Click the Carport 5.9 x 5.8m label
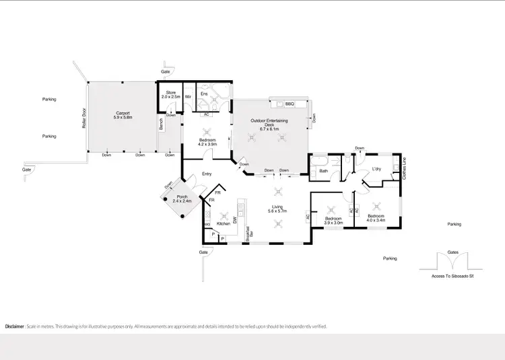(123, 115)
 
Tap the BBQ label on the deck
(290, 104)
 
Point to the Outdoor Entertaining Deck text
(269, 123)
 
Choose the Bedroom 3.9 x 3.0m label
(334, 221)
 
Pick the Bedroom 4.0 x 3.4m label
(375, 218)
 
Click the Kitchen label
(224, 223)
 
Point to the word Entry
(207, 174)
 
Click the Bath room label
(323, 170)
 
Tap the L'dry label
(377, 169)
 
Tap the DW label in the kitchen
(235, 220)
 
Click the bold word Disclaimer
(14, 326)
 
